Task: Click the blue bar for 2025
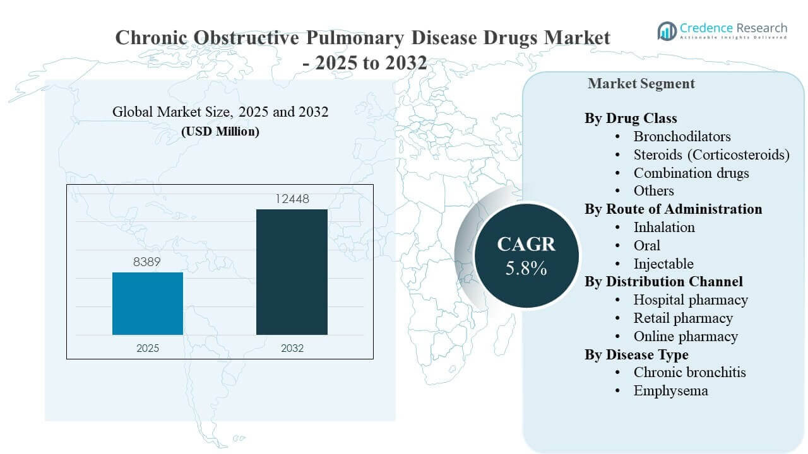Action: [148, 303]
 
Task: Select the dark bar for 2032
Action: [292, 272]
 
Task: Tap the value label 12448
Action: [292, 199]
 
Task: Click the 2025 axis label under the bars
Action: [148, 348]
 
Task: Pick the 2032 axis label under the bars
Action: [292, 348]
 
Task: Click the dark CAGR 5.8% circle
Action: [526, 255]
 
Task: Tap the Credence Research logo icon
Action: [667, 30]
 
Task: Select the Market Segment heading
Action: [641, 83]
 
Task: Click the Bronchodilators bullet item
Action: [682, 136]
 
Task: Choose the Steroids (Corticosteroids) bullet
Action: [711, 154]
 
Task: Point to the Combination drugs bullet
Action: [691, 173]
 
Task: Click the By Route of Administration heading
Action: [673, 209]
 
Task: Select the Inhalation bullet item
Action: [664, 227]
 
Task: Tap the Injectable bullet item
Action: [663, 264]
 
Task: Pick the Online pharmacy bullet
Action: [686, 336]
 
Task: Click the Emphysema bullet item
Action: [670, 390]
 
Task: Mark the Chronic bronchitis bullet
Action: [689, 372]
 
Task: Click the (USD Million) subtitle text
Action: [220, 132]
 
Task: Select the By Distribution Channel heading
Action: [663, 281]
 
